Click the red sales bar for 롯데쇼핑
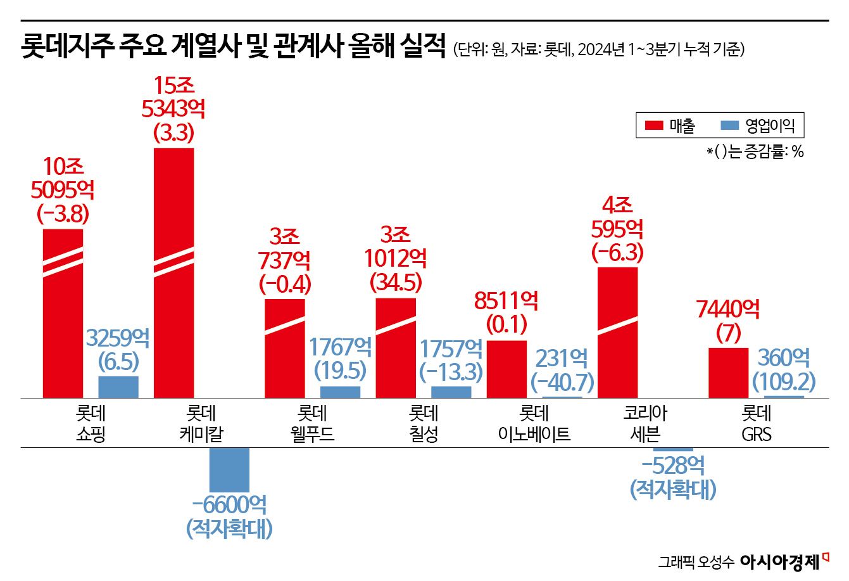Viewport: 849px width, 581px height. [63, 314]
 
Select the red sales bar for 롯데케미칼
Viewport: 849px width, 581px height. [173, 273]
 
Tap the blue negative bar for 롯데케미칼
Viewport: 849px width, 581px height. [229, 469]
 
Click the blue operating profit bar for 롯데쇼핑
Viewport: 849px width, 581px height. [118, 387]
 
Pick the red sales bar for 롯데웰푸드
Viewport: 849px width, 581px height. [284, 348]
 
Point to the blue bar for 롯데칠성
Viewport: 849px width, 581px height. [451, 392]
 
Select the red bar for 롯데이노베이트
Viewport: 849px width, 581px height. [506, 369]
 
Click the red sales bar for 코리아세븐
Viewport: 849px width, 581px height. [617, 333]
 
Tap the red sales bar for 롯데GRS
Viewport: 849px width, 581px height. [728, 373]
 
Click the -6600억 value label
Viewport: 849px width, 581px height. [229, 505]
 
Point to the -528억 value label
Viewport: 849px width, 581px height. [672, 467]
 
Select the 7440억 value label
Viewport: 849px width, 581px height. [728, 310]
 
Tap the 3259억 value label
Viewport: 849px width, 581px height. [118, 338]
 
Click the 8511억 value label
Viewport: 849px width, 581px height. [506, 301]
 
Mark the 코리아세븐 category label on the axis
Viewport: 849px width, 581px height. [645, 424]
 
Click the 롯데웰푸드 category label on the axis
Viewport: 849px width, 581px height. [312, 424]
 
